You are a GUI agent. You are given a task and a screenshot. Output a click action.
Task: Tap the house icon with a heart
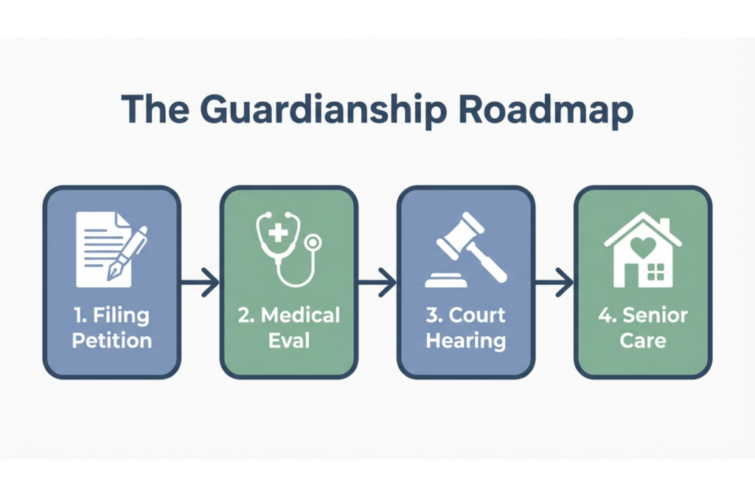(642, 249)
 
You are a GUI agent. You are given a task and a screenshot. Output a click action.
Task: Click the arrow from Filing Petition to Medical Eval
(200, 281)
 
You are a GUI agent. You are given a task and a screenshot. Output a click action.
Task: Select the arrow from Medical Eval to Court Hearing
(377, 281)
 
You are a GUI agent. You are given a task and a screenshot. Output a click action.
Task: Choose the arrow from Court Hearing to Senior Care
(554, 281)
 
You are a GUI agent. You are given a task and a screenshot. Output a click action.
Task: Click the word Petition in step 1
(112, 341)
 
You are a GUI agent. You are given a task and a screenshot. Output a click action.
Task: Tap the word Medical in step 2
(301, 316)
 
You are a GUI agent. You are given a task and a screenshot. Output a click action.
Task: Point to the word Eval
(289, 341)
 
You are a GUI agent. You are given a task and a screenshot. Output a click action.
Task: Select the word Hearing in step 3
(466, 341)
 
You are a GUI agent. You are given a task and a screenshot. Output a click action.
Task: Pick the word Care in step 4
(643, 341)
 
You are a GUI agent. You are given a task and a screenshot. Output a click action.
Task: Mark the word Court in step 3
(477, 316)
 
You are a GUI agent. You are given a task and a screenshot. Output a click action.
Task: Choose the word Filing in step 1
(122, 316)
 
